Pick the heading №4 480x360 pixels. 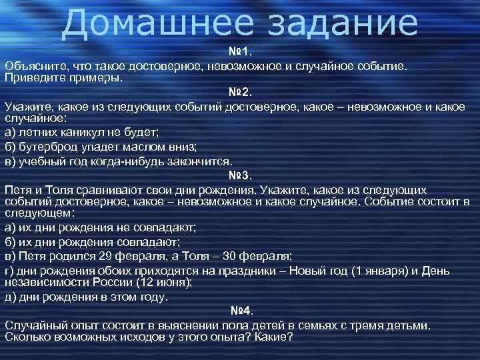coord(240,311)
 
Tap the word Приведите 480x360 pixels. coord(31,78)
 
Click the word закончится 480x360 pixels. coord(201,161)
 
